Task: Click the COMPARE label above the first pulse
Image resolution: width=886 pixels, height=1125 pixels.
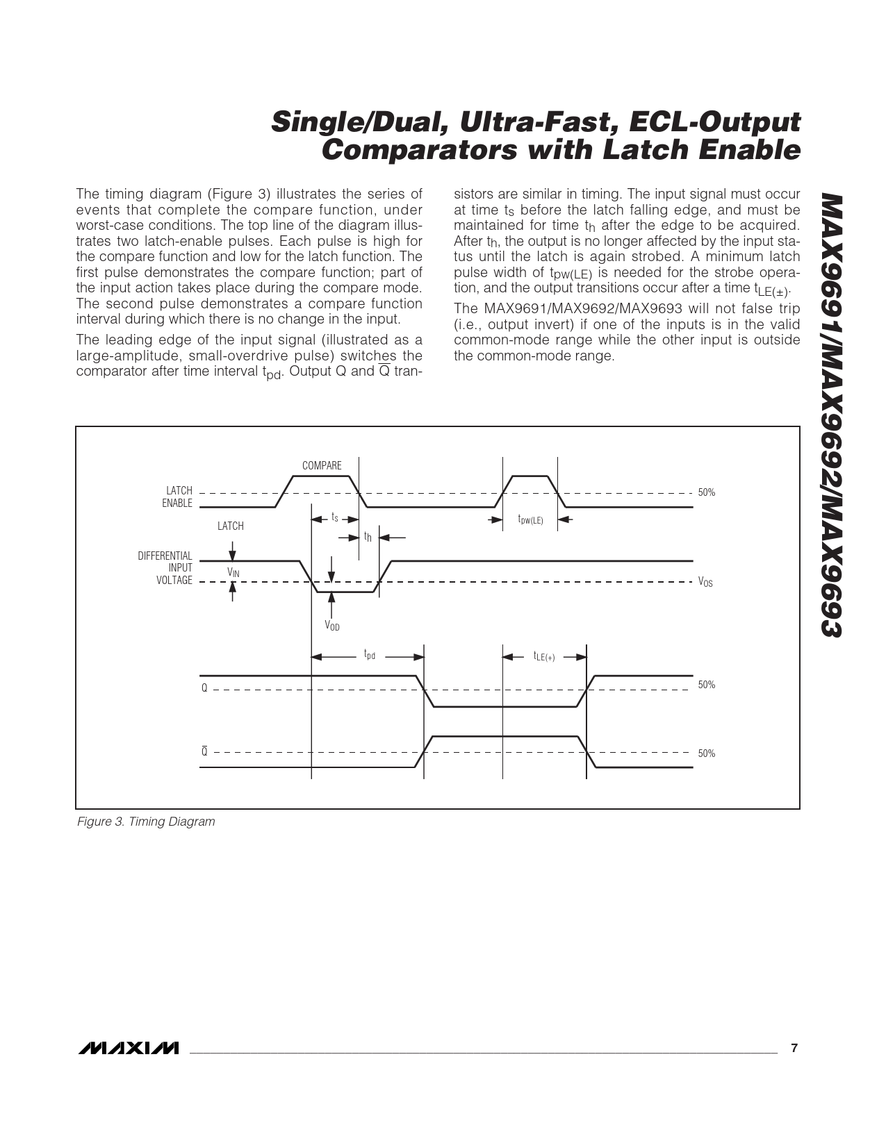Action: tap(322, 465)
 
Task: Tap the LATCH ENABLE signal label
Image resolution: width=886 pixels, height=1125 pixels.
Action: tap(178, 497)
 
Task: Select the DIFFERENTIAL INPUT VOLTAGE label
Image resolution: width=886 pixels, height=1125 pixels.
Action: tap(165, 568)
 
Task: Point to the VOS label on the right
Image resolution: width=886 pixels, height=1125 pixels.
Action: tap(705, 583)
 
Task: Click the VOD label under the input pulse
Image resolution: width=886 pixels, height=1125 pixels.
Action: tap(332, 626)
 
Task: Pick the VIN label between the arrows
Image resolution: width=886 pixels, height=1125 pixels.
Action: tap(233, 572)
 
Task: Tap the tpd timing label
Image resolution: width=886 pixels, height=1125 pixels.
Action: tap(370, 655)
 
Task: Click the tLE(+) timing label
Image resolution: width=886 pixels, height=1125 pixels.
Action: tap(544, 656)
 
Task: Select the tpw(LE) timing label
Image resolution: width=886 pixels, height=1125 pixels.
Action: tap(531, 519)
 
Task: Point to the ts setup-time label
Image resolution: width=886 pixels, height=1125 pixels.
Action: tap(334, 518)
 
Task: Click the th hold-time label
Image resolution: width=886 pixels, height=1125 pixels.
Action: tap(368, 537)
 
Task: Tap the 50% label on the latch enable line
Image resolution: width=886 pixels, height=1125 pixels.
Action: tap(706, 492)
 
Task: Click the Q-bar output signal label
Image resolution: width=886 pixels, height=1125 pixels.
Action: tap(204, 751)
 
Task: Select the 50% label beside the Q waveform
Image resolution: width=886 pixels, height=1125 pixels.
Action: tap(706, 685)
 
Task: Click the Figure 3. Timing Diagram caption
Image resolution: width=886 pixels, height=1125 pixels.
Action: tap(146, 822)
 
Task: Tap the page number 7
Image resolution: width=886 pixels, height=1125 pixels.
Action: tap(795, 1048)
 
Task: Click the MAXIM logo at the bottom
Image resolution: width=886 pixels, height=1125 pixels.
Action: tap(128, 1048)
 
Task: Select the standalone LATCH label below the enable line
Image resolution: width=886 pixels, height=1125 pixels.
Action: tap(231, 526)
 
